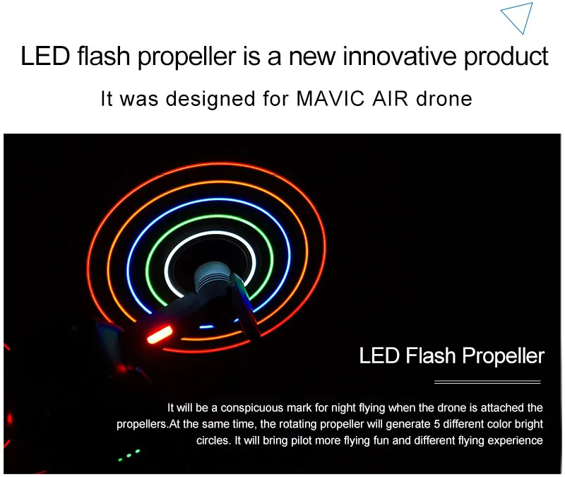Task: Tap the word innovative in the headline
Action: (399, 57)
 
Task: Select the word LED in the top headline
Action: (45, 57)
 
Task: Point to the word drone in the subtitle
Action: (444, 98)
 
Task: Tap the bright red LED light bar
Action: (160, 334)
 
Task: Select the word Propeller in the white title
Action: (503, 356)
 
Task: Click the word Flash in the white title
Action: (431, 355)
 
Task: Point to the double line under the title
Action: (487, 382)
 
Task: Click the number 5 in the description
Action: (436, 424)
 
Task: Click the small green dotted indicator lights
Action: (129, 456)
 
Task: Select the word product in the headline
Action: (506, 57)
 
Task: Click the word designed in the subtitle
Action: (210, 99)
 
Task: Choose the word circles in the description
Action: (213, 440)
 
